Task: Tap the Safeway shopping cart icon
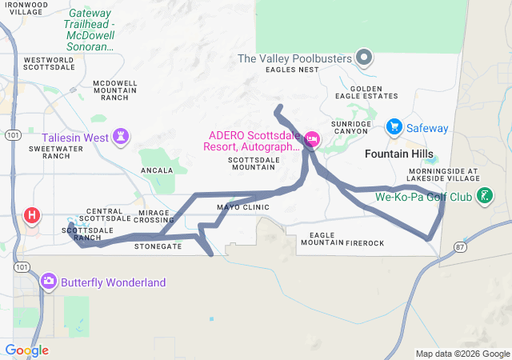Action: (x=394, y=127)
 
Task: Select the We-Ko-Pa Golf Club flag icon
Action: (x=484, y=195)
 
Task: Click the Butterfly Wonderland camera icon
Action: (x=49, y=282)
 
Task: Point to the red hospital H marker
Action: (x=32, y=214)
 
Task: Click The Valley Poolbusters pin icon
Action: (x=365, y=58)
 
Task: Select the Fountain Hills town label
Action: (x=398, y=153)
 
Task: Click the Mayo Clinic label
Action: (x=243, y=207)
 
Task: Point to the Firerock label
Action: (x=366, y=242)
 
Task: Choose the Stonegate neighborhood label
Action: (x=158, y=246)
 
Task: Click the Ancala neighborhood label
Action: (x=157, y=170)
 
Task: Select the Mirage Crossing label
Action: (x=153, y=215)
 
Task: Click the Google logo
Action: (x=26, y=350)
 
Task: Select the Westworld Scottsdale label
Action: (x=50, y=63)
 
